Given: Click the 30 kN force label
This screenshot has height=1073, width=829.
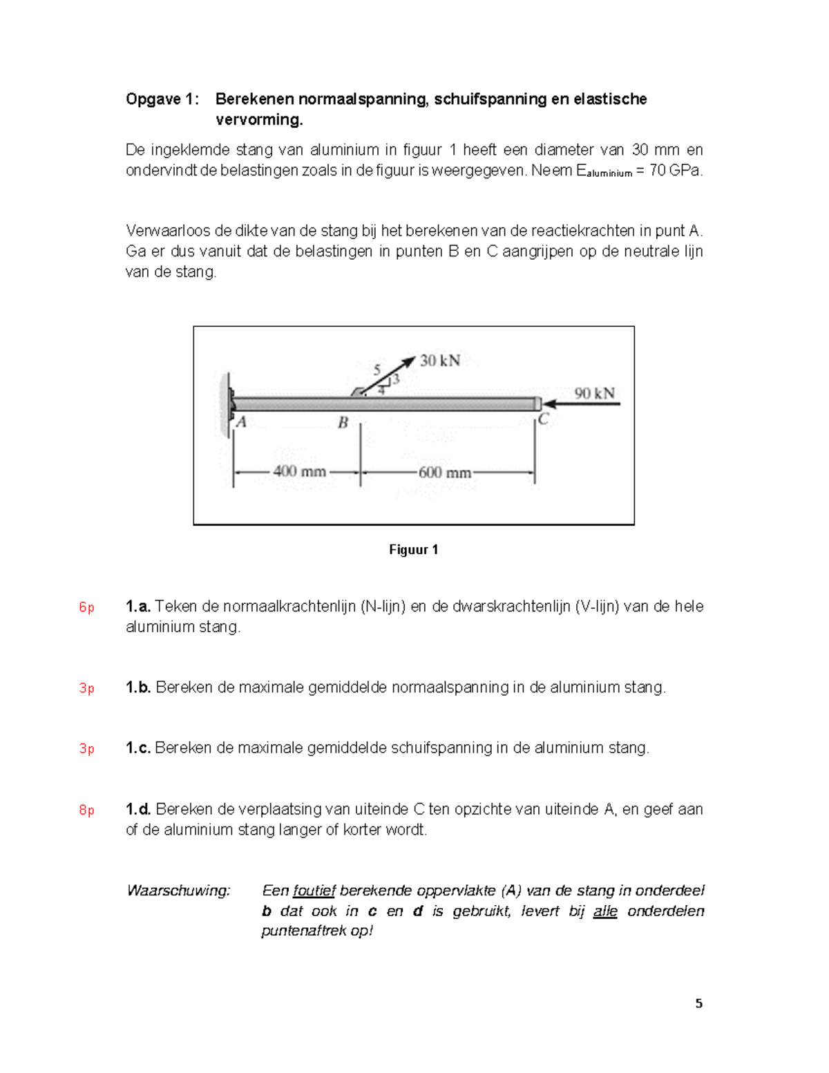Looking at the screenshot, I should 440,361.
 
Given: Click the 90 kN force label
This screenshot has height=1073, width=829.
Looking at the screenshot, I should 594,393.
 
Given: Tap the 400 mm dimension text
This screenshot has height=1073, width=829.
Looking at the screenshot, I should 299,472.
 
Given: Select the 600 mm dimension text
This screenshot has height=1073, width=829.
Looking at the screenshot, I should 444,473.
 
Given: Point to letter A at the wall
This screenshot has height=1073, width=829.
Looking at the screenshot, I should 241,421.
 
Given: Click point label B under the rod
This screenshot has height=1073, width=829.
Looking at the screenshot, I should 343,422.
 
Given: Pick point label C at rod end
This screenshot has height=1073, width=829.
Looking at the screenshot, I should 544,419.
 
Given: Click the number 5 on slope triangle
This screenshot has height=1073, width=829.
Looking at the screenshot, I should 377,370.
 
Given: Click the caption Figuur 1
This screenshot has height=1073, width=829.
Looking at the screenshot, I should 413,550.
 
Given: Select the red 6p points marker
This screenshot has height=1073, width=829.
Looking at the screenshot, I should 86,607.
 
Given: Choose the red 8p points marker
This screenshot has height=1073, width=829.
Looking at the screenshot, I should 86,810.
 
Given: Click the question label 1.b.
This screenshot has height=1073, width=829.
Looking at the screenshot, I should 138,687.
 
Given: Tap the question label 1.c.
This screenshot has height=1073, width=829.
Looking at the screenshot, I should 138,748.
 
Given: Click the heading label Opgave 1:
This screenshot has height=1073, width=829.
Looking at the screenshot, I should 162,99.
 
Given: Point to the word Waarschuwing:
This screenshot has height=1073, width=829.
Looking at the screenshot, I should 178,891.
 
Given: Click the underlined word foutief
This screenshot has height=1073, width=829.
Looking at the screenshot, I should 314,891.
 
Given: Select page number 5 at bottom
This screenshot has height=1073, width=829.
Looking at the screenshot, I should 698,1004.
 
